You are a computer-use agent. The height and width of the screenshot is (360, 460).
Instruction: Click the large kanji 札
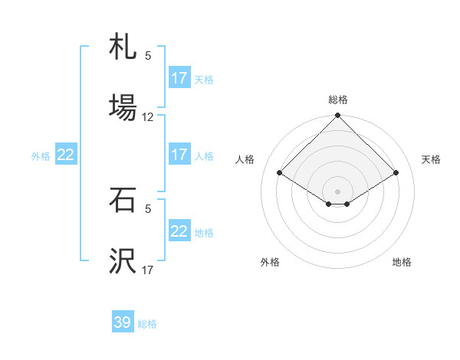(x=123, y=47)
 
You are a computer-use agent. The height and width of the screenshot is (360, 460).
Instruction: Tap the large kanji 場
(x=123, y=106)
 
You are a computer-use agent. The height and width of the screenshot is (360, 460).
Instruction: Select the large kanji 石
(x=123, y=201)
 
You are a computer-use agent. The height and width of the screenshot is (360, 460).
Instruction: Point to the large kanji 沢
(x=123, y=261)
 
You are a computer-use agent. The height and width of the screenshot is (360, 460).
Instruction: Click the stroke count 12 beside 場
(x=148, y=117)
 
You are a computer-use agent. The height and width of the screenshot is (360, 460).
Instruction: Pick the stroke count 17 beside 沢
(x=148, y=270)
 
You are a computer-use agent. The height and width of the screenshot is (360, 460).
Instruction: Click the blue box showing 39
(x=123, y=322)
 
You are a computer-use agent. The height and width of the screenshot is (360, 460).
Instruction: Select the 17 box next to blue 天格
(x=179, y=78)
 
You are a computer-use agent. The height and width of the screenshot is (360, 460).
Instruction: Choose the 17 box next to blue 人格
(x=179, y=155)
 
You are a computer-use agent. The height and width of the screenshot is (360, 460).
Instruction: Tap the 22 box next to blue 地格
(x=179, y=231)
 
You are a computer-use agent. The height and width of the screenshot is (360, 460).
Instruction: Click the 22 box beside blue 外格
(x=66, y=155)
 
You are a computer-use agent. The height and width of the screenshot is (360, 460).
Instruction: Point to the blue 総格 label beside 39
(x=148, y=324)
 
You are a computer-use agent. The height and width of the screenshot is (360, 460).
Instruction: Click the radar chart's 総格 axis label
(x=338, y=100)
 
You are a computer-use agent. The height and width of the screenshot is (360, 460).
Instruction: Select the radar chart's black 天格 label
(x=432, y=159)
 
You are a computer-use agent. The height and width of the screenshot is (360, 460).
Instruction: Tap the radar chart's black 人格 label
(x=245, y=159)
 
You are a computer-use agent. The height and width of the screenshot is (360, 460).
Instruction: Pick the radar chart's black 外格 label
(x=270, y=262)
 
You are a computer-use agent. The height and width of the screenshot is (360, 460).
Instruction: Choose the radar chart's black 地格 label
(x=402, y=262)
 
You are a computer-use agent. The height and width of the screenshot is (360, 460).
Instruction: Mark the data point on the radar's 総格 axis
(x=338, y=116)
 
